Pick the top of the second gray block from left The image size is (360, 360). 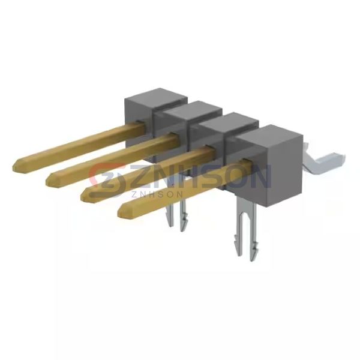193,110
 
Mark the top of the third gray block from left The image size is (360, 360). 229,122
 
